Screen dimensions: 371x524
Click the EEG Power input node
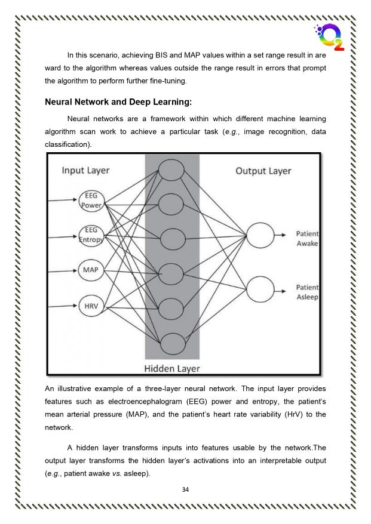[x=91, y=201]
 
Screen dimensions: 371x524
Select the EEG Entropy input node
[x=91, y=236]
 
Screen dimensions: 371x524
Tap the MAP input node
[x=91, y=270]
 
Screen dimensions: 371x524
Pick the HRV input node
[x=91, y=306]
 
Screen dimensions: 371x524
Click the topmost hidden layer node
[x=171, y=170]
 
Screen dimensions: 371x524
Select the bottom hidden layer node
[x=173, y=344]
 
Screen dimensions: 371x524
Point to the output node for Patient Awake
[x=260, y=235]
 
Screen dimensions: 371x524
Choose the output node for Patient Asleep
[x=260, y=289]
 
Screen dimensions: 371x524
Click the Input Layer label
[x=85, y=171]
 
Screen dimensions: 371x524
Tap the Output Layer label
[x=263, y=171]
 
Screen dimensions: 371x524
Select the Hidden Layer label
[x=172, y=369]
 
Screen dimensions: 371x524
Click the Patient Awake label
[x=307, y=238]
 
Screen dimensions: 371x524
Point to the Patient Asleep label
[x=307, y=292]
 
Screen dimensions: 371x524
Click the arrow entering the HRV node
[x=63, y=306]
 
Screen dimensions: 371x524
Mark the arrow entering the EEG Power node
[x=63, y=200]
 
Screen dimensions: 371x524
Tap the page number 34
[x=185, y=489]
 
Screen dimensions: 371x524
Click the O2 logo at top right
[x=330, y=37]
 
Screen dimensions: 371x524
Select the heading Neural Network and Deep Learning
[x=118, y=102]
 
